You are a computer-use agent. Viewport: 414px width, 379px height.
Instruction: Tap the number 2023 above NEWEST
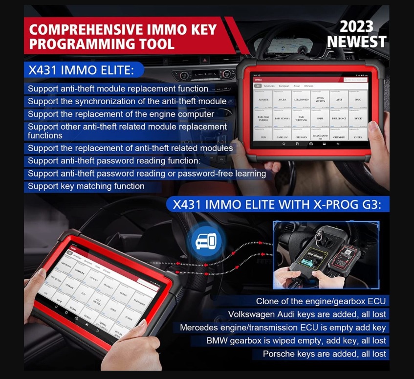pos(357,26)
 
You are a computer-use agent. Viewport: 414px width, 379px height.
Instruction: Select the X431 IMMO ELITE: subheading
pos(81,70)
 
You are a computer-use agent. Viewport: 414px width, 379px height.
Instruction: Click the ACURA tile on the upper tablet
pos(283,99)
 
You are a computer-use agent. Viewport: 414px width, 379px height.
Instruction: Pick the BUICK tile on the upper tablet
pos(358,118)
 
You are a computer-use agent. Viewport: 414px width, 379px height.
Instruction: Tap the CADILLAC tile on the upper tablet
pos(283,137)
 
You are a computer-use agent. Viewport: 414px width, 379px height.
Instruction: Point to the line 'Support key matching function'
pos(86,186)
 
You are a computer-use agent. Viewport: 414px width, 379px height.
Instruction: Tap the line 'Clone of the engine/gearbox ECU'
pos(321,301)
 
